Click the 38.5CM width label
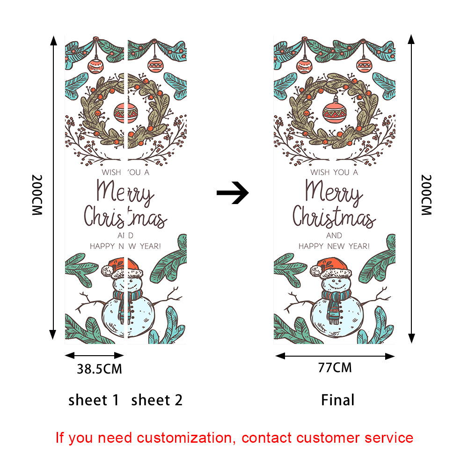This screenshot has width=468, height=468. pyautogui.click(x=99, y=369)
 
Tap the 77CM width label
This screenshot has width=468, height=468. pyautogui.click(x=335, y=367)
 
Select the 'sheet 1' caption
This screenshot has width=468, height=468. pyautogui.click(x=94, y=400)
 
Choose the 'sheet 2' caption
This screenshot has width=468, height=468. pyautogui.click(x=157, y=400)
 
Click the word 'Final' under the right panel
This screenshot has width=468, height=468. pyautogui.click(x=337, y=400)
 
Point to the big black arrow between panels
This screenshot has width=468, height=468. pyautogui.click(x=233, y=192)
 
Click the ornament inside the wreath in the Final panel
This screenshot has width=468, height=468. pyautogui.click(x=334, y=110)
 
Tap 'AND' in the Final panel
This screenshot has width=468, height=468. pyautogui.click(x=334, y=235)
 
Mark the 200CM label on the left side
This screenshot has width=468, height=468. pyautogui.click(x=37, y=195)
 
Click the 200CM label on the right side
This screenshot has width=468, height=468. pyautogui.click(x=426, y=195)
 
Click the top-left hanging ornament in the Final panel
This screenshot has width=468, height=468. pyautogui.click(x=305, y=65)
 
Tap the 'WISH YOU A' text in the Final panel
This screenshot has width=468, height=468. pyautogui.click(x=334, y=172)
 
